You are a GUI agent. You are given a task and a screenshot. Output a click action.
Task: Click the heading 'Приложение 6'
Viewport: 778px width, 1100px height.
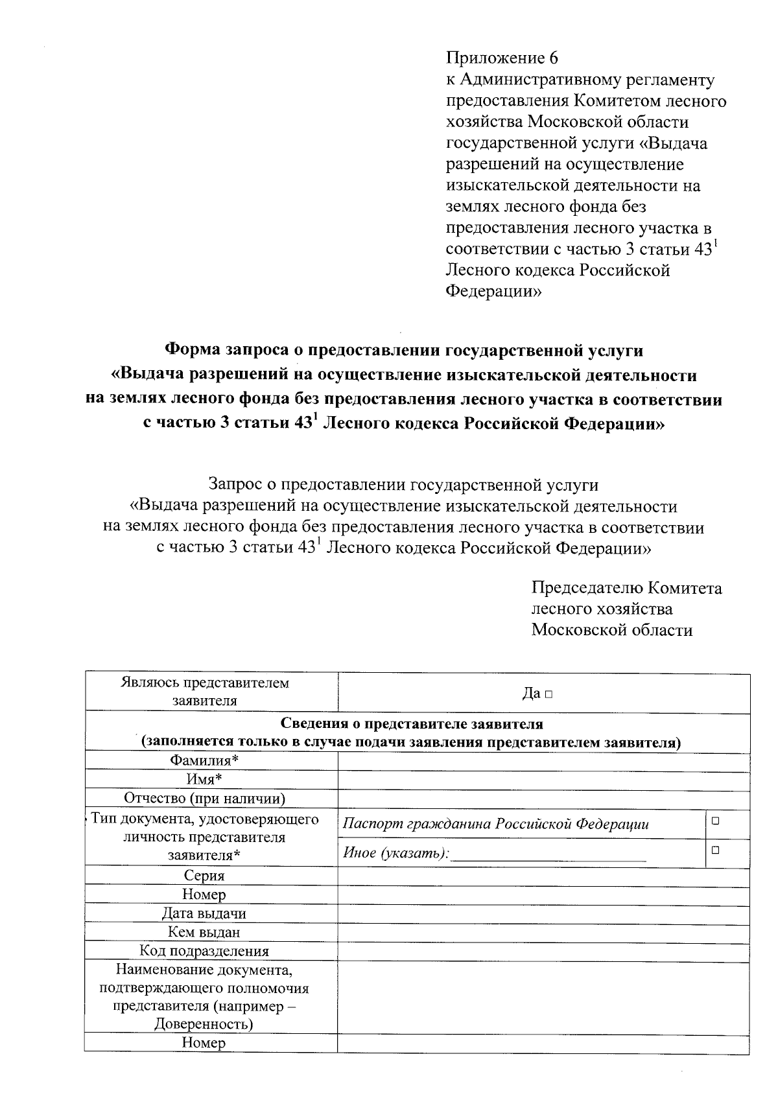point(502,58)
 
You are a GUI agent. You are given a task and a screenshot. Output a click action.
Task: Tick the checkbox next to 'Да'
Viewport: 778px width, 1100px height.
point(548,694)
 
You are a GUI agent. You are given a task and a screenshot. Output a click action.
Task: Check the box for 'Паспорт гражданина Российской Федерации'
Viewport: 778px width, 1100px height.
point(716,821)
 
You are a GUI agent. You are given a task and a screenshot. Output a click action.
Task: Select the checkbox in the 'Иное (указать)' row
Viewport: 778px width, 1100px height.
point(716,849)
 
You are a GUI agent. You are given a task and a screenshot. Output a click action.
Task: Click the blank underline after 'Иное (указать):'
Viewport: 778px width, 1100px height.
point(548,855)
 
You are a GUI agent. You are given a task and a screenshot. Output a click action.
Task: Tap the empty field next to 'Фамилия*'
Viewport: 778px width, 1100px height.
point(543,762)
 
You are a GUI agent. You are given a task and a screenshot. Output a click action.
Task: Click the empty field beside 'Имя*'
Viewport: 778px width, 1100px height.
point(543,780)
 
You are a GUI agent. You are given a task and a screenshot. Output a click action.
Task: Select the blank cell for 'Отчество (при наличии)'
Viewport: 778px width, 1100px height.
point(543,799)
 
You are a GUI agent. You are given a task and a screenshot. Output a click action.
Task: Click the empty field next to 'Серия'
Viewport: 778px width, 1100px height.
point(543,876)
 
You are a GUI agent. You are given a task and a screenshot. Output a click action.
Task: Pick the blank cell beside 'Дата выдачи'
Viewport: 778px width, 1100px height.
point(543,915)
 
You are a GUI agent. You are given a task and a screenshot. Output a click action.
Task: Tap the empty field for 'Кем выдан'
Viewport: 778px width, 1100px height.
point(543,933)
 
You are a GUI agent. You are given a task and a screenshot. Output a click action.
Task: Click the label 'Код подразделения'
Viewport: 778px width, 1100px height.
point(204,951)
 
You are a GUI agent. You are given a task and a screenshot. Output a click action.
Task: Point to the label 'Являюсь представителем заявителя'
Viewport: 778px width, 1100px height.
point(205,692)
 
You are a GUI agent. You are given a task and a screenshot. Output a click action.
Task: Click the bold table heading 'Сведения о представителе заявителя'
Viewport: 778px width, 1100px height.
point(412,723)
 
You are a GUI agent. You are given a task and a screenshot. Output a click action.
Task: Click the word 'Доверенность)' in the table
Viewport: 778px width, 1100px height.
point(204,1024)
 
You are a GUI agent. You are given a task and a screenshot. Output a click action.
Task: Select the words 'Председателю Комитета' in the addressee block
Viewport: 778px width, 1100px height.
point(626,588)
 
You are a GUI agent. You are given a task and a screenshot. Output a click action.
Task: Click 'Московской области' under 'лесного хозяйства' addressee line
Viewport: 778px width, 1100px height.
point(611,630)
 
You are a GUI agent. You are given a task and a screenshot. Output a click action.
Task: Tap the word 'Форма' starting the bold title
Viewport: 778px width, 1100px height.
point(193,350)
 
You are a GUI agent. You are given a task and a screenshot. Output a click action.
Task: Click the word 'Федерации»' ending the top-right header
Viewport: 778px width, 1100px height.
point(493,292)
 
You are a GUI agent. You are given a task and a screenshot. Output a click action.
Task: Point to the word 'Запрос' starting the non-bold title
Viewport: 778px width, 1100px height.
point(235,484)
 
